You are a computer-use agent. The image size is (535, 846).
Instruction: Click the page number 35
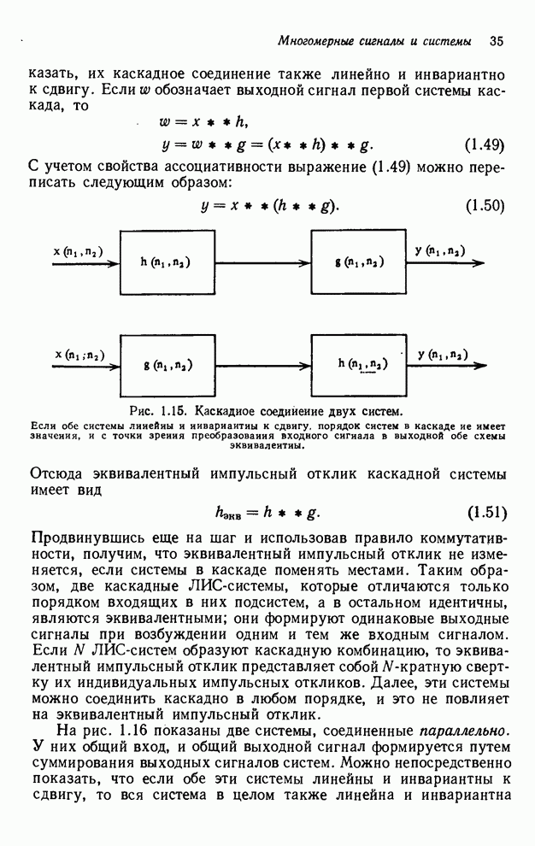tap(497, 41)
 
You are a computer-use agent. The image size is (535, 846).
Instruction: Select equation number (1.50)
tap(485, 205)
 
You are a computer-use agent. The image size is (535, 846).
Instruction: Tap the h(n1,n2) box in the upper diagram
tap(164, 261)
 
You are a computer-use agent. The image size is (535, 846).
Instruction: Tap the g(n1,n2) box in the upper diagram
tap(358, 261)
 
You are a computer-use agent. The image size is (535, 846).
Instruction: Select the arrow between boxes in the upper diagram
tap(260, 264)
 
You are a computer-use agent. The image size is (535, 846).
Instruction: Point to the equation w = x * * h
tap(209, 121)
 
